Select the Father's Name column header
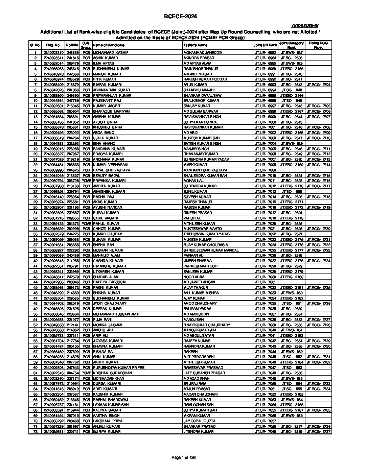click(x=195, y=45)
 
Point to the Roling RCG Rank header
click(x=318, y=45)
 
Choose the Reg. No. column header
click(x=53, y=45)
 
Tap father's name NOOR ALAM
click(x=193, y=277)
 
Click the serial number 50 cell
click(x=35, y=314)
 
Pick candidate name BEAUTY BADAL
click(x=106, y=175)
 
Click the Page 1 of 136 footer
click(x=184, y=457)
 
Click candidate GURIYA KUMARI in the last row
click(x=106, y=432)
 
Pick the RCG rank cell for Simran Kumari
click(x=318, y=85)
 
